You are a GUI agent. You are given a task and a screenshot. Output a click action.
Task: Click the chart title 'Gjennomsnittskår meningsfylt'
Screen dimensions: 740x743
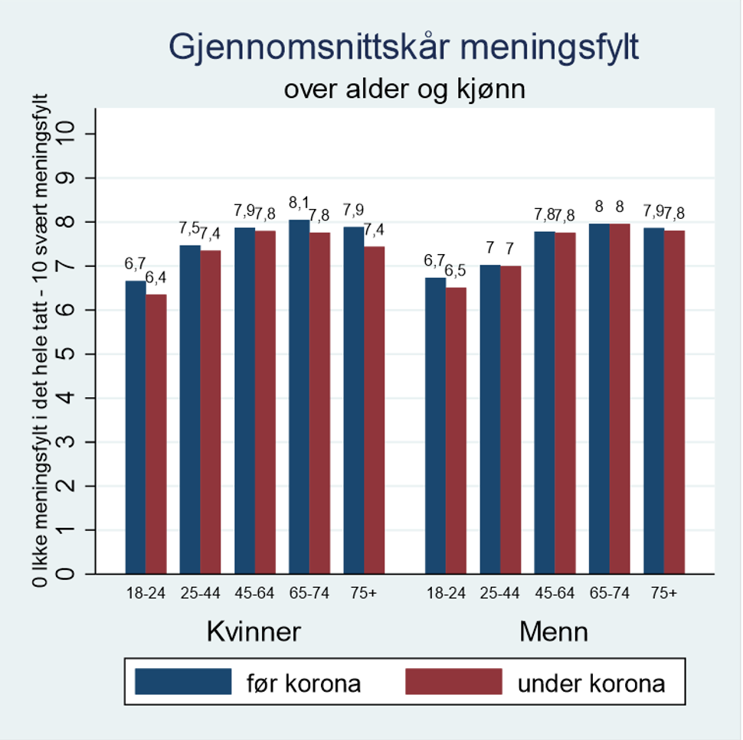(404, 47)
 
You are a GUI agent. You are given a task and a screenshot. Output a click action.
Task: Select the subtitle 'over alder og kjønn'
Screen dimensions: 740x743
(404, 90)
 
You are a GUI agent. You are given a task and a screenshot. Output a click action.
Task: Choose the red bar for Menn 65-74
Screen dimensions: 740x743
(620, 398)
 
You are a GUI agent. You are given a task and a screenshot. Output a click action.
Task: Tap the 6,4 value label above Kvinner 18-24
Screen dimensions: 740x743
(156, 277)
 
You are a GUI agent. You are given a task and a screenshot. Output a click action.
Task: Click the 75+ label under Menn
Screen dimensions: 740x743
(663, 593)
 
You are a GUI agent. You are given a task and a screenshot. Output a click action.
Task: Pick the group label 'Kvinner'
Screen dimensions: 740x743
(254, 632)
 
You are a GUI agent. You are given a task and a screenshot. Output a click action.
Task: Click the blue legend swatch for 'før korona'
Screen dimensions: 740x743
(183, 681)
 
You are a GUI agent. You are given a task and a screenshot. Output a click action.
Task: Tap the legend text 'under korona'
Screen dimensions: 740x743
(591, 683)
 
